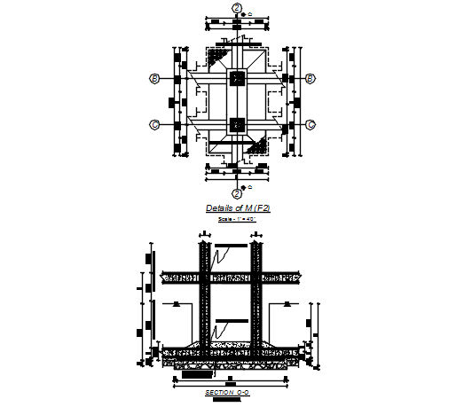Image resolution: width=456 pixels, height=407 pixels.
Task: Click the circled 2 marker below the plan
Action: [237, 192]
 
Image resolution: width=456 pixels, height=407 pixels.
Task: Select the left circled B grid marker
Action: [154, 79]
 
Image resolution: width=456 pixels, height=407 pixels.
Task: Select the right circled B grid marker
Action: [311, 79]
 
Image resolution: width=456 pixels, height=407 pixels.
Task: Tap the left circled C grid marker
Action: [154, 125]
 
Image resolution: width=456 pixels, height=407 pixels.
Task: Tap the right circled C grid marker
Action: [311, 125]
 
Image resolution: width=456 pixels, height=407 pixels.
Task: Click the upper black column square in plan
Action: [236, 79]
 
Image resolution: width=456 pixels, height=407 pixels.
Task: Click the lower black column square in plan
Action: [236, 125]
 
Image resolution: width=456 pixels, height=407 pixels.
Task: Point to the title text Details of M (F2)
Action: [237, 208]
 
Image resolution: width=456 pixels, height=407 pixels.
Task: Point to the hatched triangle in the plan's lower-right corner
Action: [259, 147]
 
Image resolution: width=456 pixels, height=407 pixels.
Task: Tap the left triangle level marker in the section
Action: [177, 304]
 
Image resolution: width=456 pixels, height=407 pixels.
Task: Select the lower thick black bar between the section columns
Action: [231, 317]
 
